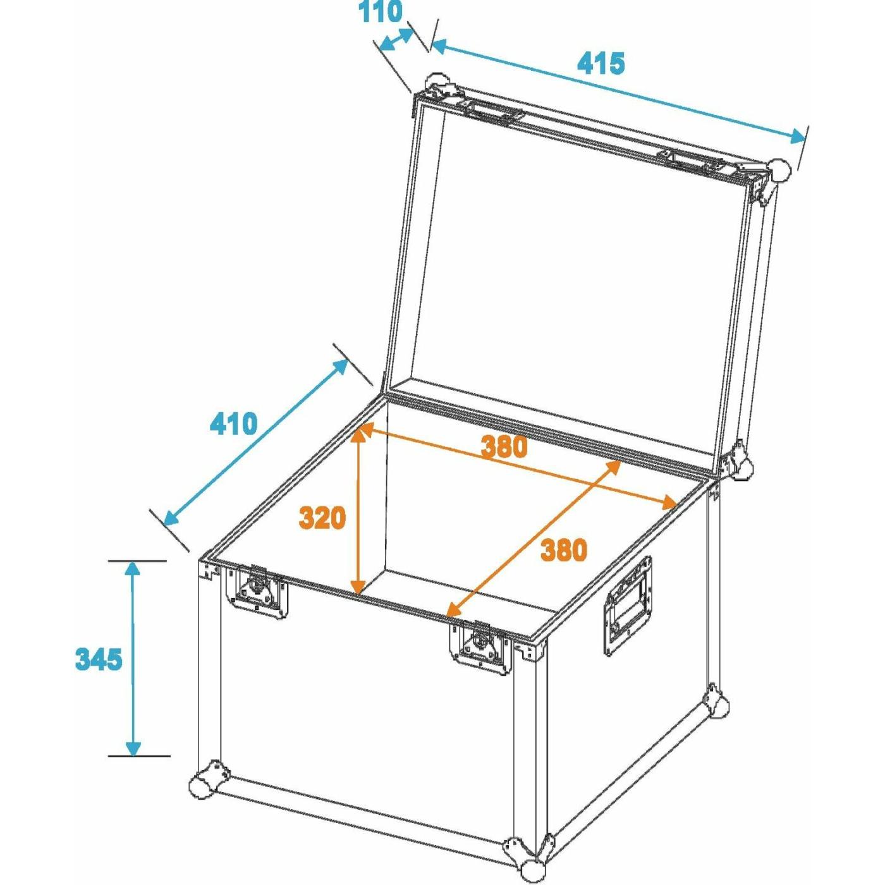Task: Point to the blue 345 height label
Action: pyautogui.click(x=99, y=660)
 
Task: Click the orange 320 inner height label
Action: pyautogui.click(x=322, y=518)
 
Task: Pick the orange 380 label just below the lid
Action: pyautogui.click(x=503, y=446)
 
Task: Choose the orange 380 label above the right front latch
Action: pyautogui.click(x=563, y=550)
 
